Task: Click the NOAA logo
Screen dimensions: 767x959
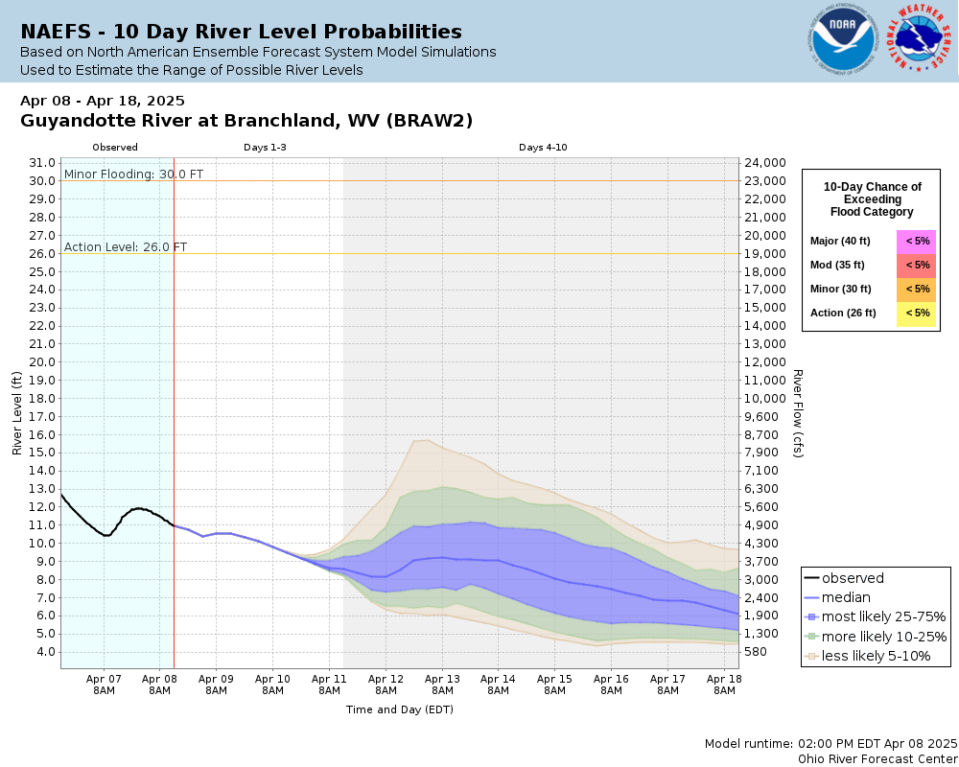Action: (842, 40)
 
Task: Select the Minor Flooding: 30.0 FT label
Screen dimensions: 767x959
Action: (133, 174)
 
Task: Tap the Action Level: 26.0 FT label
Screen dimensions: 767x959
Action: (126, 246)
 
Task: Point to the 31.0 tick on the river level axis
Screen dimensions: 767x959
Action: (43, 163)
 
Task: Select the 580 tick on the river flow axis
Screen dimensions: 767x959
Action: (757, 652)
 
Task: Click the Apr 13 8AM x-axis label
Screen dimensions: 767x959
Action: (442, 684)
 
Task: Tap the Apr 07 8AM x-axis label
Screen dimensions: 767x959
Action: (103, 684)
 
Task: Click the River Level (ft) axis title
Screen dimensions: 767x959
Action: (17, 413)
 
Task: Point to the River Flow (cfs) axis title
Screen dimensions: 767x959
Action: (797, 413)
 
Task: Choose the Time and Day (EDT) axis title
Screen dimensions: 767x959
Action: (399, 709)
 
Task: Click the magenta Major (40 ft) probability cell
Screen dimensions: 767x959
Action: (917, 241)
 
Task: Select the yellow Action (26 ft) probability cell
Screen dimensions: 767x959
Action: (917, 313)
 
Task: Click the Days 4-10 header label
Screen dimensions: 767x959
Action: (544, 148)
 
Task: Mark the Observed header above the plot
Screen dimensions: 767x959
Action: (115, 148)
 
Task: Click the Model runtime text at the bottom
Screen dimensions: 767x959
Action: (830, 743)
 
